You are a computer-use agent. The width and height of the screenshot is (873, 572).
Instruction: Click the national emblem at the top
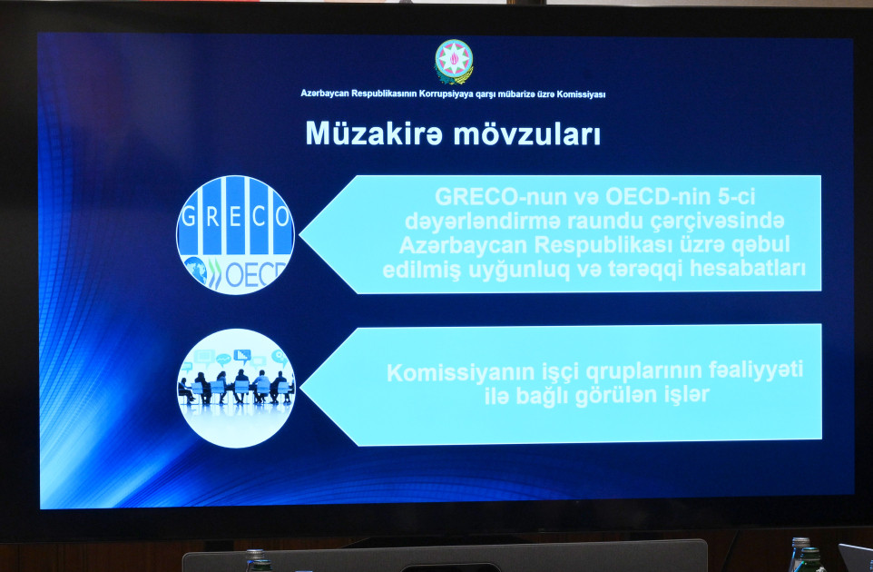click(x=454, y=62)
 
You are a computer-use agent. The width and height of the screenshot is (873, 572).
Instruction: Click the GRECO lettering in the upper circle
click(x=235, y=217)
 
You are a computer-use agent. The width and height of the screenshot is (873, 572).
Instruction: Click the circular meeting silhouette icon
click(x=235, y=388)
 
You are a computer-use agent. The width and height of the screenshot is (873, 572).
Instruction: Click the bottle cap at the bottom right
click(x=799, y=543)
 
